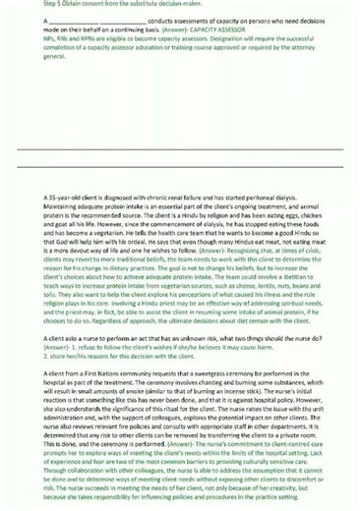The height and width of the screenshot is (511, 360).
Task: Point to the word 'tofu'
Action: click(x=52, y=293)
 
